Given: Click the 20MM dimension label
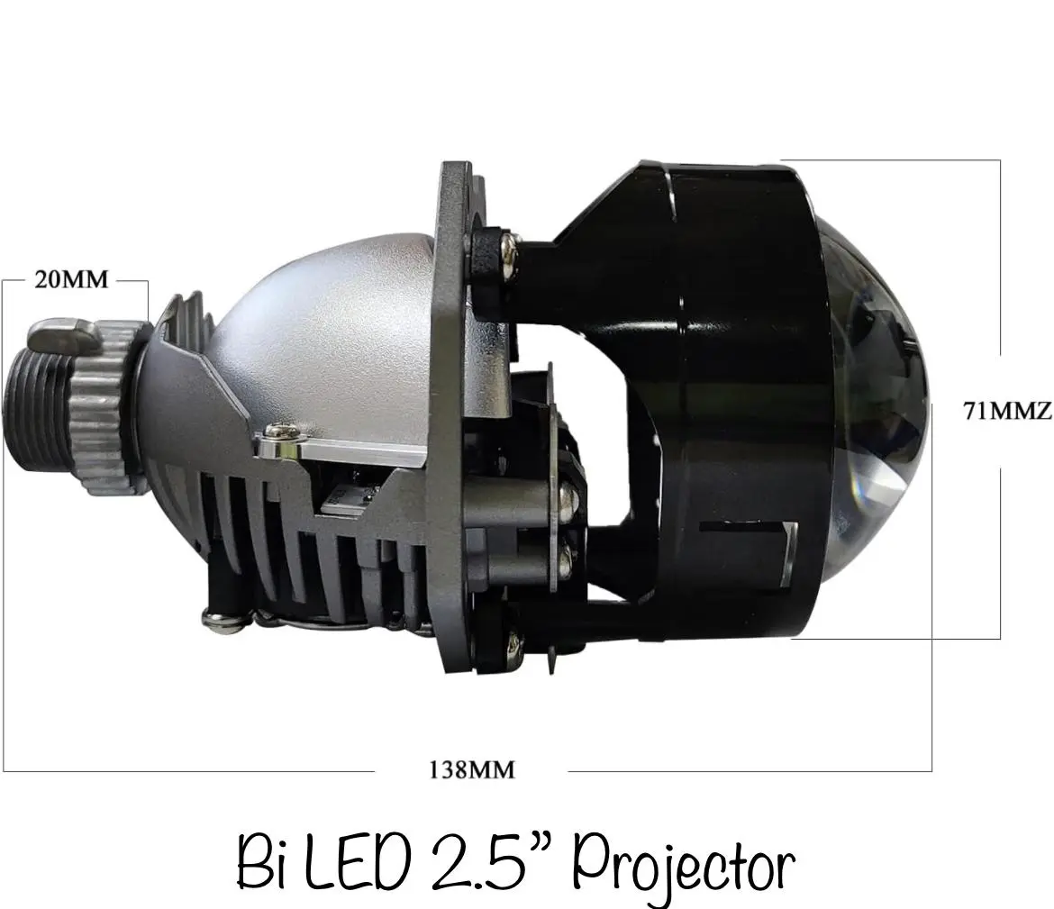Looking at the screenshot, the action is [71, 279].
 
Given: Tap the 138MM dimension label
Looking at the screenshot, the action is [472, 769].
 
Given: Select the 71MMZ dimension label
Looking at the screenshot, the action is [1008, 410].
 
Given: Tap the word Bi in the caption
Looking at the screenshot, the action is [263, 863].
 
